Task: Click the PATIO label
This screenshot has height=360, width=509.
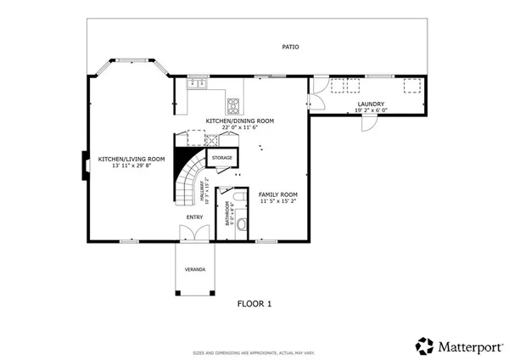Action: (x=291, y=47)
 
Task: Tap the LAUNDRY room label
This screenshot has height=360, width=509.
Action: (x=372, y=104)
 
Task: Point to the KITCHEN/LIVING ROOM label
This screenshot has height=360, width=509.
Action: (x=131, y=159)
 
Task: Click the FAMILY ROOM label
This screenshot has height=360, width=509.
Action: (x=278, y=194)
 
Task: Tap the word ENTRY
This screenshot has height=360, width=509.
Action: (x=195, y=217)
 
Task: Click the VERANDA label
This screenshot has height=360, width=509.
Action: (x=195, y=269)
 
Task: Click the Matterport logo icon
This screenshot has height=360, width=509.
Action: (x=424, y=345)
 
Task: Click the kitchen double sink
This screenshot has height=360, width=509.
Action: (x=197, y=83)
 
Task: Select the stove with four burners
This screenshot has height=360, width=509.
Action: (x=232, y=105)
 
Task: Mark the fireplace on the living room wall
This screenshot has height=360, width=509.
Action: (x=84, y=165)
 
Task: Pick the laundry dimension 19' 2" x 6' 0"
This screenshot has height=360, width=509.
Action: (x=372, y=110)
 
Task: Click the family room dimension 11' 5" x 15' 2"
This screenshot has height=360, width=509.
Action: (x=278, y=202)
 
